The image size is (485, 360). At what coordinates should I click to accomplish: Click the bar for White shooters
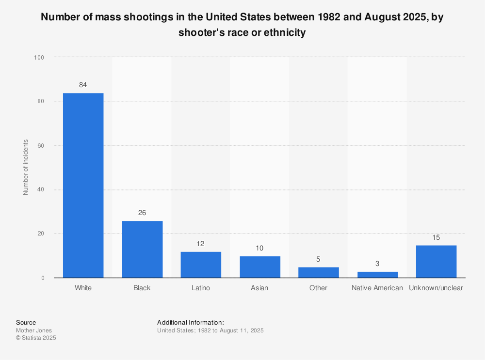point(83,185)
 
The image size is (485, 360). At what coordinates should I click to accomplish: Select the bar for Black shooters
point(142,249)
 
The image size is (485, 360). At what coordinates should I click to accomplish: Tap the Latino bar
point(201,265)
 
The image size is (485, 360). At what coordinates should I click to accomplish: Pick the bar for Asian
point(259,267)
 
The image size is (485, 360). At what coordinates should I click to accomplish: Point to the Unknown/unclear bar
point(436,261)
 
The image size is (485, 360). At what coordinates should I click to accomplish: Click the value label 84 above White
point(83,85)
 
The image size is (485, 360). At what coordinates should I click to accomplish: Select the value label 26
point(142,213)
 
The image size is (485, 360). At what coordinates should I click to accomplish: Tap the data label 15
point(436,237)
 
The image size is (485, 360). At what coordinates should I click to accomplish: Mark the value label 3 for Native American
point(377,264)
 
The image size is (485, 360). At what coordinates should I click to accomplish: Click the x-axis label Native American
point(377,288)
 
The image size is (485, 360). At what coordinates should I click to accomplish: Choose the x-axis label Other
point(318,288)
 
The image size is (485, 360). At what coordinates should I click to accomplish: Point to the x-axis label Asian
point(259,288)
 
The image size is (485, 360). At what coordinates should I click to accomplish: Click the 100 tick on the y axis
point(39,58)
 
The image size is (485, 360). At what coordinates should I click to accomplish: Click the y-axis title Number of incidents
point(26,167)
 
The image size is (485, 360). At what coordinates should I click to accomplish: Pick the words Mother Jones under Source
point(34,330)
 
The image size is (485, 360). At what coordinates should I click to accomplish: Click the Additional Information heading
point(191,322)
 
